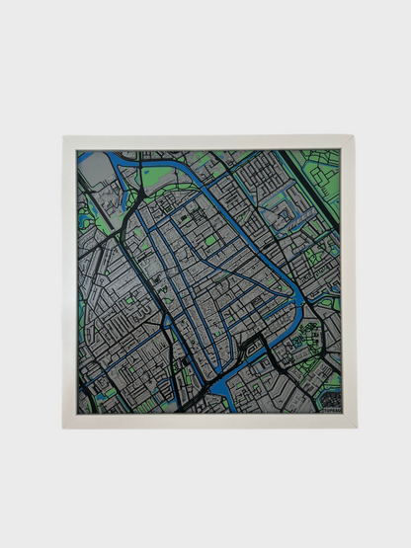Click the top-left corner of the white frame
click(x=64, y=138)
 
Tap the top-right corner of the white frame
click(x=354, y=138)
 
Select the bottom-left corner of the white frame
click(x=64, y=427)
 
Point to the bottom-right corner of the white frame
click(x=354, y=427)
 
